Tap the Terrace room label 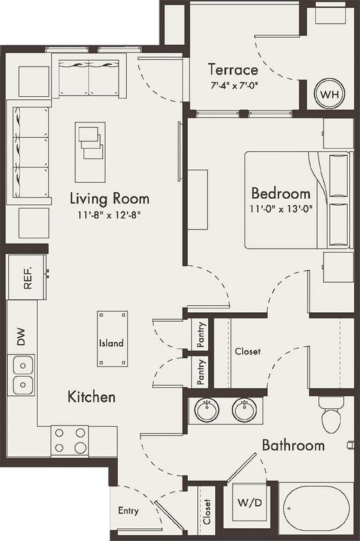coord(233,70)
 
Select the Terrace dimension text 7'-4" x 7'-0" coord(233,85)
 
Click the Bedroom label coord(281,193)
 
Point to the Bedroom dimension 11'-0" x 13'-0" coord(281,208)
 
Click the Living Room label coord(110,198)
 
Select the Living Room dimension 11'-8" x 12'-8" coord(110,214)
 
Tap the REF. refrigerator coord(27,277)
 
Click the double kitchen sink coord(23,375)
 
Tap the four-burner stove coord(70,440)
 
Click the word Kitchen coord(92,397)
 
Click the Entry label coord(128,511)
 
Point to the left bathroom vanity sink coord(207,410)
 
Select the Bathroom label coord(293,445)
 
